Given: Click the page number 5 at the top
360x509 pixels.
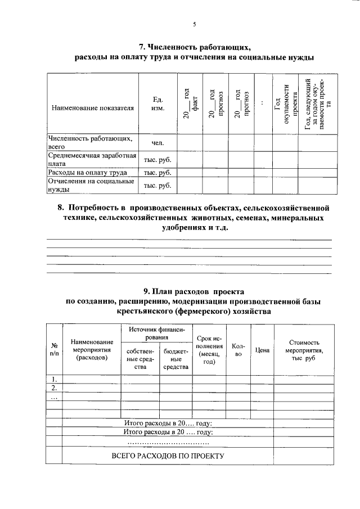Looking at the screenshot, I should [x=194, y=24].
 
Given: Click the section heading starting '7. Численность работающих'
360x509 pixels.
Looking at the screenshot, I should [x=194, y=47].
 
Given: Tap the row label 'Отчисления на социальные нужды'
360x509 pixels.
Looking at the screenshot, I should [x=91, y=185].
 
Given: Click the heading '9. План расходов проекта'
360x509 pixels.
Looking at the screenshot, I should [x=193, y=291].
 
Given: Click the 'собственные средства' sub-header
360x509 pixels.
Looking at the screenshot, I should [x=140, y=358].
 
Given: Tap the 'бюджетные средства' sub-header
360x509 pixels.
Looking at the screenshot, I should [x=175, y=358].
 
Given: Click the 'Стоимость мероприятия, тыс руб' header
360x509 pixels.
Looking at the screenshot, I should [x=304, y=350].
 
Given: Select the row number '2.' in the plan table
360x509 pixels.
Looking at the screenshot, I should [x=54, y=388].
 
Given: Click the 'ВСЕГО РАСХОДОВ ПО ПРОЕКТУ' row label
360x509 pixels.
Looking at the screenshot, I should [x=168, y=456].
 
